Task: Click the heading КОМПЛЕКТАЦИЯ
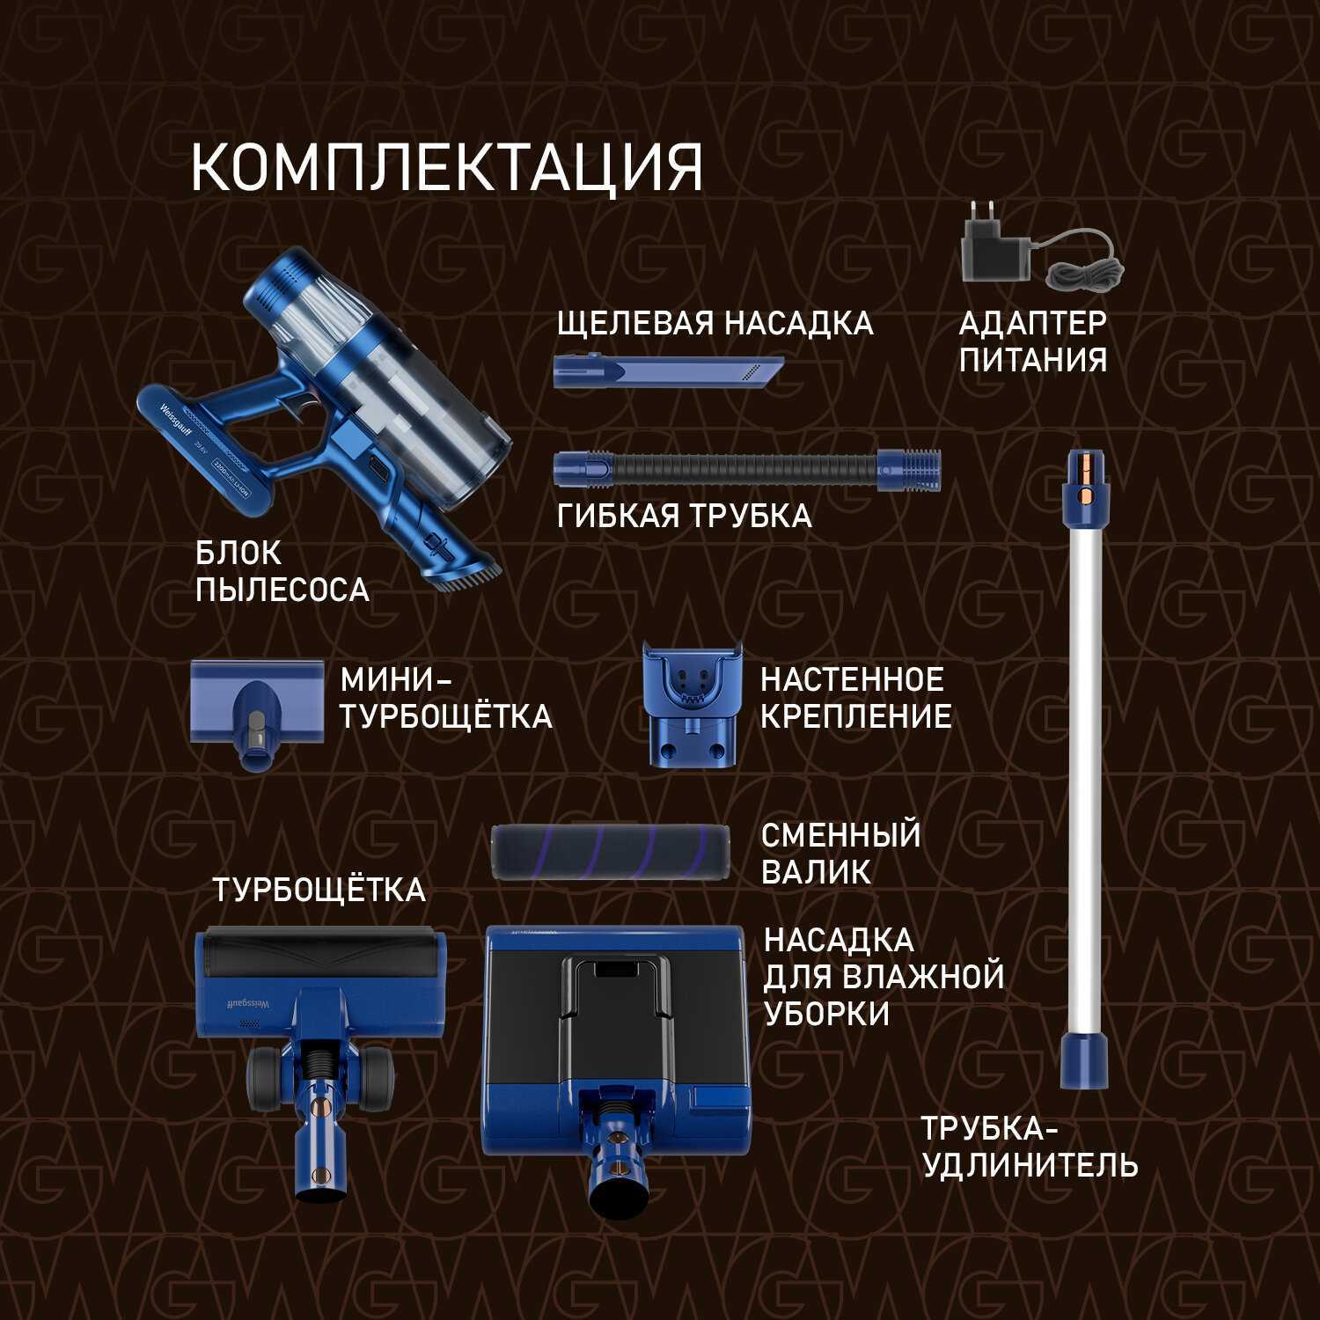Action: tap(447, 167)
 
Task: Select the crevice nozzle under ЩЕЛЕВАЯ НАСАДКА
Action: tap(668, 371)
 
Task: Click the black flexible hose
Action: tap(747, 469)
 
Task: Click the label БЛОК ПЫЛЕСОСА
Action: tap(282, 572)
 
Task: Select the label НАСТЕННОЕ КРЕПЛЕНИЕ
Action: tap(855, 698)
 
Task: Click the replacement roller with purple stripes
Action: tap(610, 852)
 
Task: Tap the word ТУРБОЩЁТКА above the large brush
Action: tap(319, 891)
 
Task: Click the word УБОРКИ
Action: tap(826, 1015)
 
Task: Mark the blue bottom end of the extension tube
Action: tap(1084, 1061)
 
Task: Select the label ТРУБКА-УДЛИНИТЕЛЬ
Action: tap(1029, 1148)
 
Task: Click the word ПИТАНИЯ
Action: tap(1033, 360)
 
